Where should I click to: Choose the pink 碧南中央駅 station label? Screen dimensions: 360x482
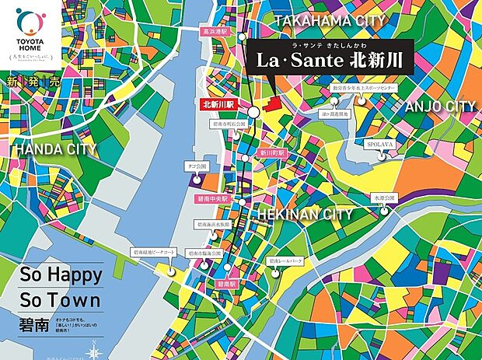pos(214,199)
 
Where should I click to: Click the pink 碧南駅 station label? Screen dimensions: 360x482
pos(225,285)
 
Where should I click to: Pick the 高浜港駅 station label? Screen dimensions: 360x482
pos(212,33)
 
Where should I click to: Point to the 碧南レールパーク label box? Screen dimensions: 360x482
pos(284,261)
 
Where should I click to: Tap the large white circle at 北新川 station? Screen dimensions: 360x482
pos(253,112)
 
